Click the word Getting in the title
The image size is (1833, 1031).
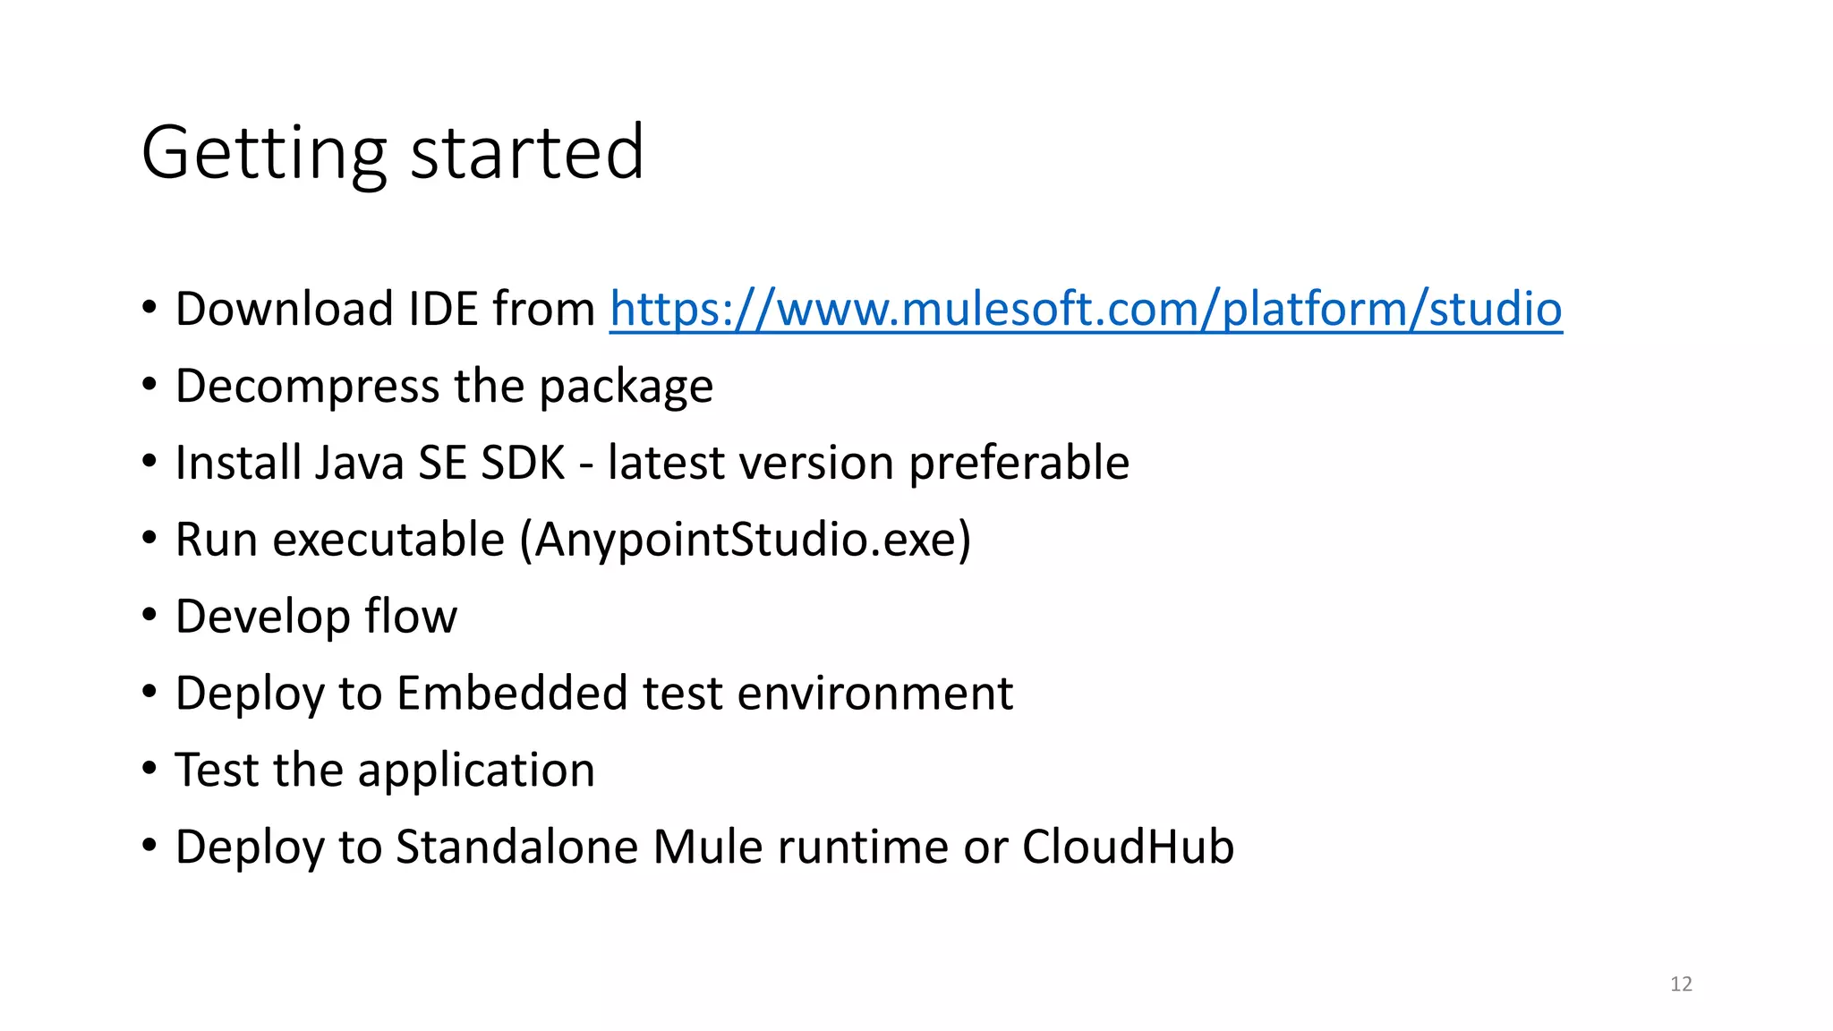pyautogui.click(x=264, y=154)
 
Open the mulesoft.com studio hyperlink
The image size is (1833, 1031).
pyautogui.click(x=1086, y=310)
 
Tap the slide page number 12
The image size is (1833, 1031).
pyautogui.click(x=1681, y=984)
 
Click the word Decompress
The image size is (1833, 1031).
pyautogui.click(x=307, y=387)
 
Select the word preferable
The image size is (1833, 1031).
pyautogui.click(x=1019, y=464)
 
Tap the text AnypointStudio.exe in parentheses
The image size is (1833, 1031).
pyautogui.click(x=746, y=541)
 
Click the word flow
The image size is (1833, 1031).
pyautogui.click(x=411, y=618)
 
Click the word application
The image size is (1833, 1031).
pyautogui.click(x=476, y=771)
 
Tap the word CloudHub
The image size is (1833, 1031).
pyautogui.click(x=1128, y=848)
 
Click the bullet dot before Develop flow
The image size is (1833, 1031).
pyautogui.click(x=149, y=615)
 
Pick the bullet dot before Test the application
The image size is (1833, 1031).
pyautogui.click(x=149, y=769)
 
